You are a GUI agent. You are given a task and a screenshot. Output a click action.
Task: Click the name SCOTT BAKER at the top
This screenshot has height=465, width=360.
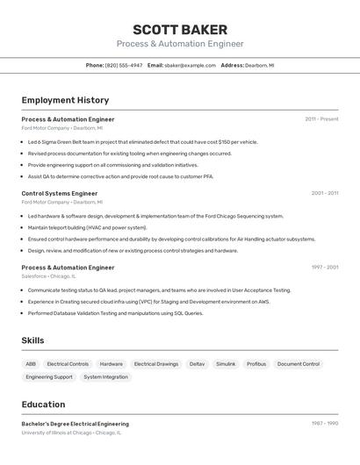click(x=180, y=29)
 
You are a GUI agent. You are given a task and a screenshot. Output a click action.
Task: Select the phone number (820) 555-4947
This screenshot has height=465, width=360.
click(x=124, y=65)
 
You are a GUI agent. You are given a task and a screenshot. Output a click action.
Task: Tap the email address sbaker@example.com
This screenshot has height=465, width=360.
click(x=190, y=65)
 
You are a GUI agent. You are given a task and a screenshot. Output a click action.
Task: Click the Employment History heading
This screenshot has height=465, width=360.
click(x=65, y=100)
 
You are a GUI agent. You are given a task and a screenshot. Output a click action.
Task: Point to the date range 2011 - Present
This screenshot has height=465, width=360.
click(x=321, y=118)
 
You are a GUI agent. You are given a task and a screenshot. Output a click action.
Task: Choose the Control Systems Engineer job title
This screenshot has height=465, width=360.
click(x=60, y=193)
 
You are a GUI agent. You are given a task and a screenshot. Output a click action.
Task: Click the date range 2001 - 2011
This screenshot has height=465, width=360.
click(x=325, y=193)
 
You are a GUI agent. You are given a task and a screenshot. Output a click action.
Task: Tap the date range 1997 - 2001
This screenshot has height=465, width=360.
click(x=325, y=267)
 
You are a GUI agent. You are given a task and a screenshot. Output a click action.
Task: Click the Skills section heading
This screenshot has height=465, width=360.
click(x=33, y=340)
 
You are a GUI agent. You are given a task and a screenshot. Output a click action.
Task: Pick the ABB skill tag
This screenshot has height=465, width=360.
click(x=31, y=363)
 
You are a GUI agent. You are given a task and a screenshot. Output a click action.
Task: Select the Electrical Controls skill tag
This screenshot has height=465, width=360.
click(x=68, y=363)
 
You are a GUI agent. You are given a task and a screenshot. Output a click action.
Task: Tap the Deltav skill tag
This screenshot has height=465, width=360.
click(x=197, y=363)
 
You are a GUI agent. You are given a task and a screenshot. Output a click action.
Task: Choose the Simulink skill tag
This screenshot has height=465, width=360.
click(x=226, y=363)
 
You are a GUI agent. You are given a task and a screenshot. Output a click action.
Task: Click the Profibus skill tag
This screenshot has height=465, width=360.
click(x=256, y=363)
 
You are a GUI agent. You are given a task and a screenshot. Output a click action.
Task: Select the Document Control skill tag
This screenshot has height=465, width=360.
click(x=299, y=363)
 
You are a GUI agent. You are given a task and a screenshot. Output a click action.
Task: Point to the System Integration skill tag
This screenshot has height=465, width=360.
click(x=105, y=377)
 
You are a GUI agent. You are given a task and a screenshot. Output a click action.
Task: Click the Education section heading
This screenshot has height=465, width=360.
click(x=43, y=404)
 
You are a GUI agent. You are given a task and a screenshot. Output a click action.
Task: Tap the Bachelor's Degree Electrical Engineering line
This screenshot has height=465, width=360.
click(x=75, y=424)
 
